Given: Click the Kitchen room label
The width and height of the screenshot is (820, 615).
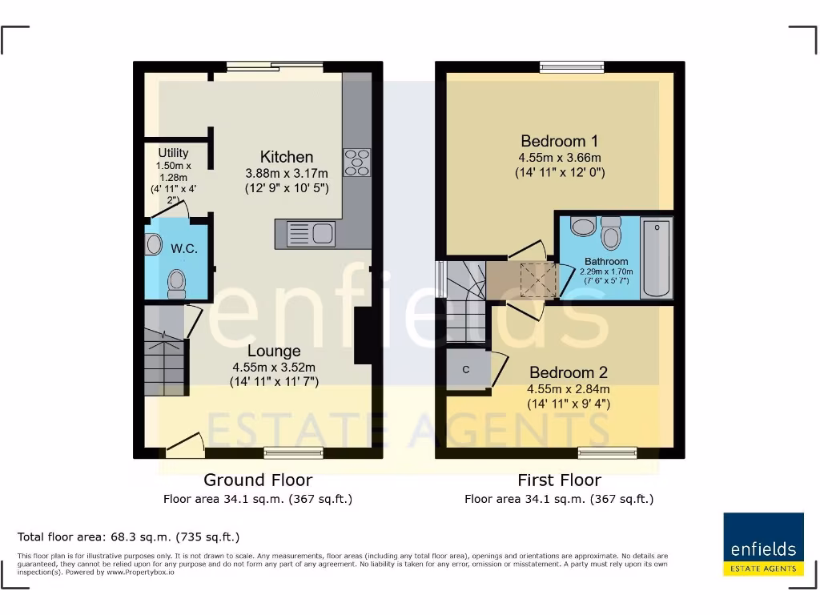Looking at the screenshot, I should tap(286, 157).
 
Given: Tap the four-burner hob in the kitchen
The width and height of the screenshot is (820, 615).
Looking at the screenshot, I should tap(357, 163).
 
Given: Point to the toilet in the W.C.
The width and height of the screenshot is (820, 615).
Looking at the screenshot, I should tap(177, 283).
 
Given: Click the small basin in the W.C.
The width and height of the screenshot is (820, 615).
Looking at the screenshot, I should tap(153, 244).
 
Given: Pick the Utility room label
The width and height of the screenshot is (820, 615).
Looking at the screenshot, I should tap(173, 153).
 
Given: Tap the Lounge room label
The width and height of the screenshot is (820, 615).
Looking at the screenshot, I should tap(274, 351).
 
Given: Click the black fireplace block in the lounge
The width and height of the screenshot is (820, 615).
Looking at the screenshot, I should tap(362, 336).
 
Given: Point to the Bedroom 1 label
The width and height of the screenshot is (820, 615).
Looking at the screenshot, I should tap(559, 141).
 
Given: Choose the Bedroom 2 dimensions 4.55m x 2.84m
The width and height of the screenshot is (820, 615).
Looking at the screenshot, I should tap(568, 389).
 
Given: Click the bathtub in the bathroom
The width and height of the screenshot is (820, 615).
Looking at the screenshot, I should tap(657, 257).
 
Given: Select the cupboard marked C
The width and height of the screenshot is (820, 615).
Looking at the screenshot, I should tap(467, 369).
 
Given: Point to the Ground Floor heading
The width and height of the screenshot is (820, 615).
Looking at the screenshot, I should tap(258, 480).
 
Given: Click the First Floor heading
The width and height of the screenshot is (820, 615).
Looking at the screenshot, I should tap(559, 480).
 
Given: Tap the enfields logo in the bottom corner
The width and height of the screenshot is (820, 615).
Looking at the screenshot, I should tap(763, 544).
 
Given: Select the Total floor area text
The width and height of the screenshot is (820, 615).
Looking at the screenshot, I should tap(128, 537).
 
